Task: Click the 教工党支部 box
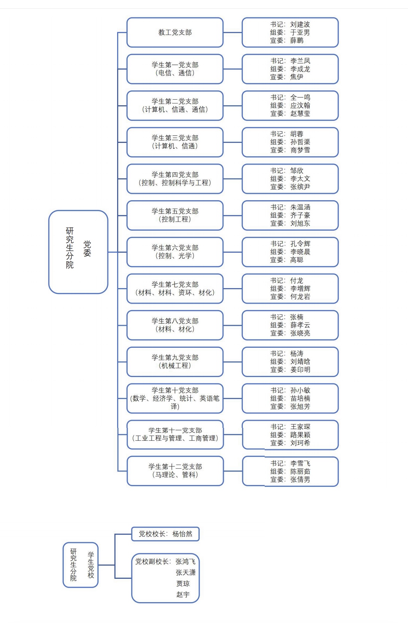pos(175,32)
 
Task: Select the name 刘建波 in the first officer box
pos(300,24)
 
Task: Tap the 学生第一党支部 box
pos(175,69)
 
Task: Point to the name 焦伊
pos(297,77)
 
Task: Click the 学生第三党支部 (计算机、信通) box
pos(175,142)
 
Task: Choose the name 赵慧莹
pos(300,114)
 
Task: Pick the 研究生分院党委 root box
pos(78,252)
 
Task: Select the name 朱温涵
pos(300,207)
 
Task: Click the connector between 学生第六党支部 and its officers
pos(233,252)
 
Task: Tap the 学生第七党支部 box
pos(175,289)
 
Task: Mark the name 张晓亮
pos(300,333)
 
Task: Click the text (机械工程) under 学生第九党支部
pos(175,366)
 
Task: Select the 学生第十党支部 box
pos(175,398)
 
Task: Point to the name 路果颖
pos(300,435)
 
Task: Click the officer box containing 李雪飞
pos(290,471)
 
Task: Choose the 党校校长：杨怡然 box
pos(165,534)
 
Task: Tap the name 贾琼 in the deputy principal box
pos(183,584)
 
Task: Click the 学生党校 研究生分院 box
pos(81,565)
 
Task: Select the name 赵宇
pos(183,595)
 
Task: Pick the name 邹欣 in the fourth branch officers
pos(297,171)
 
